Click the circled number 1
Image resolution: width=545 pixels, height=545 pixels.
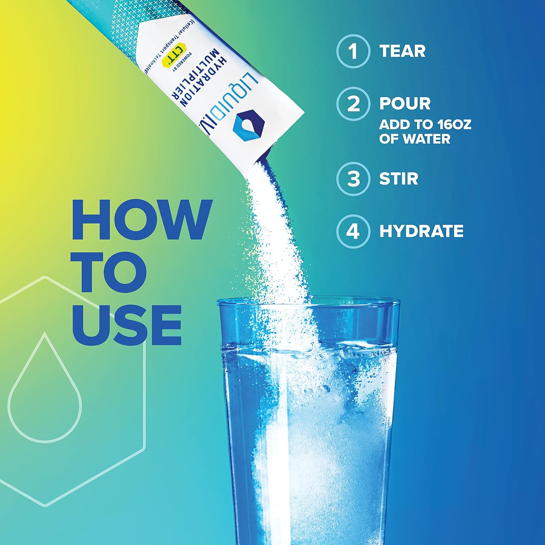click(x=353, y=51)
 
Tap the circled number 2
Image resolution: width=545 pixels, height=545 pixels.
click(x=353, y=104)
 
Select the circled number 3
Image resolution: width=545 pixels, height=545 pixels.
click(x=353, y=179)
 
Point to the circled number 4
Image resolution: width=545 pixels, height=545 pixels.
click(x=353, y=231)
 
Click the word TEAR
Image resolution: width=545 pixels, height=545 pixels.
click(x=402, y=51)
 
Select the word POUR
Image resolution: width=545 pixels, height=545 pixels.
click(x=405, y=104)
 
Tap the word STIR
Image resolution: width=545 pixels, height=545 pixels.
click(x=399, y=179)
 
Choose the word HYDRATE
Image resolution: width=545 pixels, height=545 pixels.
click(x=421, y=231)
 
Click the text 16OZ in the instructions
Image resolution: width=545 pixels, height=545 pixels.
click(x=454, y=125)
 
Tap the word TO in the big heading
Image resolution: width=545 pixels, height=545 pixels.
click(x=109, y=272)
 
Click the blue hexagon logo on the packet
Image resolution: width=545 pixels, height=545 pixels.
click(x=249, y=124)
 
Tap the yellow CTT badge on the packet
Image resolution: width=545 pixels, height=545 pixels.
click(x=174, y=56)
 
